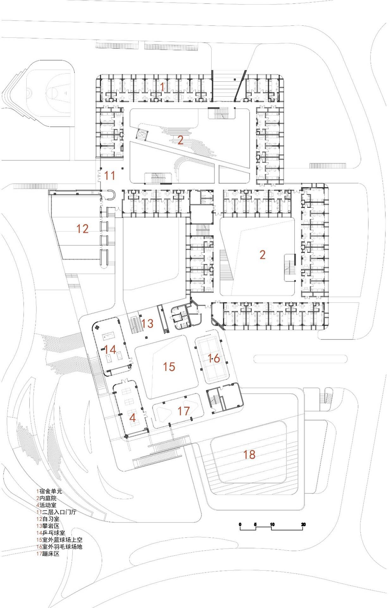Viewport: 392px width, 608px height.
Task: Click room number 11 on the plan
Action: pos(109,175)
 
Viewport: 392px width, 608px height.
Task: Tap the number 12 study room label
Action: pos(82,229)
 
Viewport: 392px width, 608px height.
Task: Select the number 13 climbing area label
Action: pos(147,323)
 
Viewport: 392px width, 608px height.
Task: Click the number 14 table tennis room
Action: pos(110,350)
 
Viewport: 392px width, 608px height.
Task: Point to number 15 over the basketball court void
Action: pos(169,367)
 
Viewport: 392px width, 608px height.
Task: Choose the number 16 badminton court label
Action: pos(214,358)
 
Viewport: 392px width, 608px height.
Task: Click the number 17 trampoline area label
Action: pos(184,411)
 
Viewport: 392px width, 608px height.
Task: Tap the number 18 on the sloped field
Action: pos(249,454)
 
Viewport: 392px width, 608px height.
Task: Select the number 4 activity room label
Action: pos(133,418)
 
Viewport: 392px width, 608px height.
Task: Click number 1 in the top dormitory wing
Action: pos(162,86)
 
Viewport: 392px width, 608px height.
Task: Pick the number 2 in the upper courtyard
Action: pos(180,140)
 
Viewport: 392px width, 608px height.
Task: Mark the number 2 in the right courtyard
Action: pos(262,255)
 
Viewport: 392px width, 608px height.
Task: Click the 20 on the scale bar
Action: pos(303,524)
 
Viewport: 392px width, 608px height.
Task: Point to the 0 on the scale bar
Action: pos(240,524)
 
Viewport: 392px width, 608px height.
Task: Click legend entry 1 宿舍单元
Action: pos(49,491)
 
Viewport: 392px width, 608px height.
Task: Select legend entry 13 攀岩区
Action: pos(48,526)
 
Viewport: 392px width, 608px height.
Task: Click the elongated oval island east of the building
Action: pos(300,359)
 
